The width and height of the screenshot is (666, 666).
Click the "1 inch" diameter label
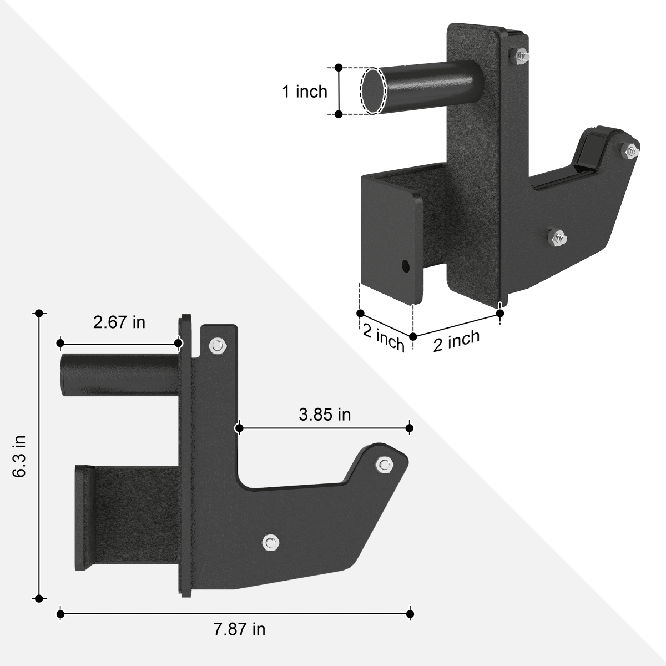pyautogui.click(x=305, y=91)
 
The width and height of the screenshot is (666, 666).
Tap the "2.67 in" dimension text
pyautogui.click(x=119, y=322)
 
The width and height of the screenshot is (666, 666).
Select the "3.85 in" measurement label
pyautogui.click(x=325, y=414)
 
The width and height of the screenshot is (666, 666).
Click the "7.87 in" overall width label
pyautogui.click(x=239, y=629)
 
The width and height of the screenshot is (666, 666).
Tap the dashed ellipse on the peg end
pyautogui.click(x=372, y=91)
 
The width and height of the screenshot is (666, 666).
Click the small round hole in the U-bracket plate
pyautogui.click(x=406, y=265)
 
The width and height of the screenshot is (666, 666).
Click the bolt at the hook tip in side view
pyautogui.click(x=384, y=464)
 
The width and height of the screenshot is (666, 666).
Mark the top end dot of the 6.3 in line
pyautogui.click(x=39, y=314)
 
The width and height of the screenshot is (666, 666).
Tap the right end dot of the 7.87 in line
pyautogui.click(x=410, y=614)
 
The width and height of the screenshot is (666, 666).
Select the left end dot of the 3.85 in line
pyautogui.click(x=239, y=428)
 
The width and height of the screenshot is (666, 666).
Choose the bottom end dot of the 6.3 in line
pyautogui.click(x=39, y=598)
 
